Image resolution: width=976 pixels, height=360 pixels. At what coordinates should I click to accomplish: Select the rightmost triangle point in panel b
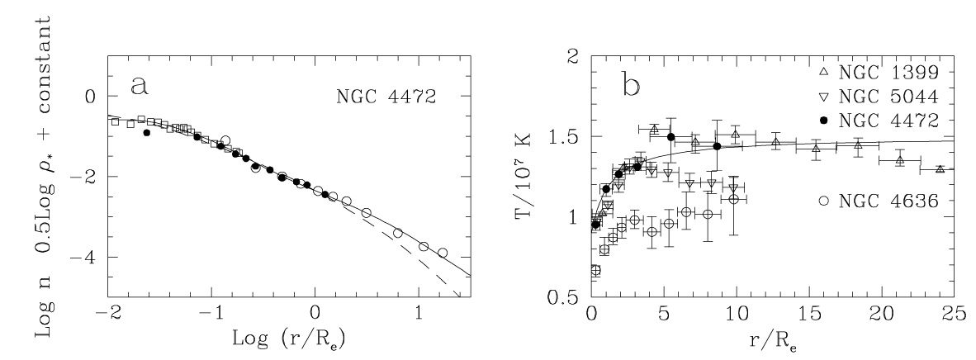940,169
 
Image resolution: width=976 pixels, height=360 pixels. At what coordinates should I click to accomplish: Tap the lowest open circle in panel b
595,270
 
